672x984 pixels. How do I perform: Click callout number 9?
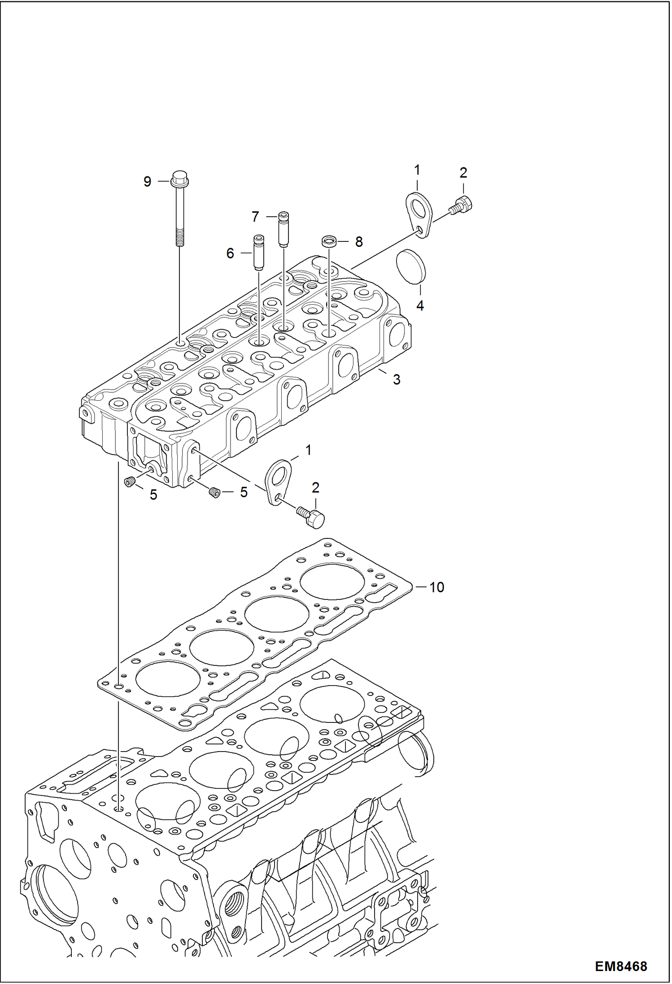[x=147, y=182]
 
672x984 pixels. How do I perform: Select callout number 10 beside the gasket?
[x=436, y=587]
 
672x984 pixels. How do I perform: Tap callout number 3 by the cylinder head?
[x=397, y=380]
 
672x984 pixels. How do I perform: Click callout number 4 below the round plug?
[x=420, y=306]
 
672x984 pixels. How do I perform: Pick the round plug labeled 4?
[x=411, y=267]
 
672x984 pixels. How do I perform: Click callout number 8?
[x=359, y=242]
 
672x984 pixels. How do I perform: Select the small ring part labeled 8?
[x=329, y=241]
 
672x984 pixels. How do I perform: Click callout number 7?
[x=255, y=217]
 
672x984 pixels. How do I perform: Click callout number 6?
[x=230, y=254]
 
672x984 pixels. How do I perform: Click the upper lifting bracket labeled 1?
[x=419, y=214]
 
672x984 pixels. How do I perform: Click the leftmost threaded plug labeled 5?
[x=130, y=482]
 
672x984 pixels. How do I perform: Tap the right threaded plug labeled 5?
[x=214, y=492]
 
